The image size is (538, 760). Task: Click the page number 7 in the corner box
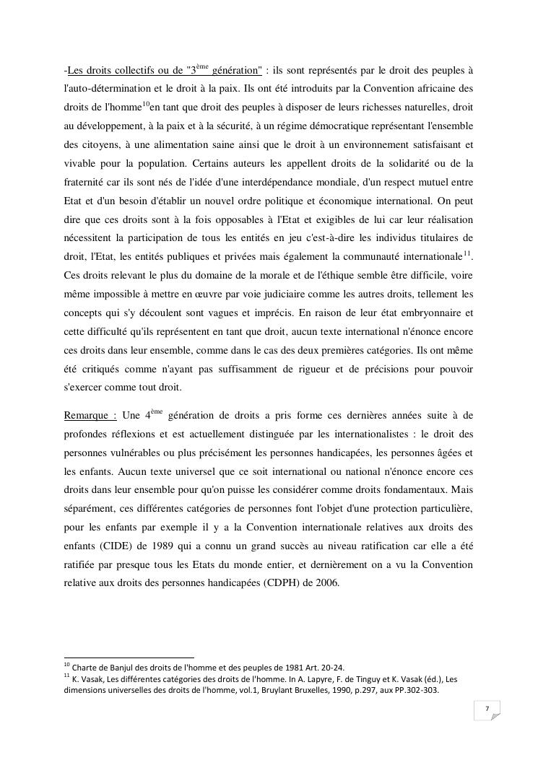487,709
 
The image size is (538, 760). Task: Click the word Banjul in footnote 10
117,667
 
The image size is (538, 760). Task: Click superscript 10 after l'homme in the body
145,105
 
